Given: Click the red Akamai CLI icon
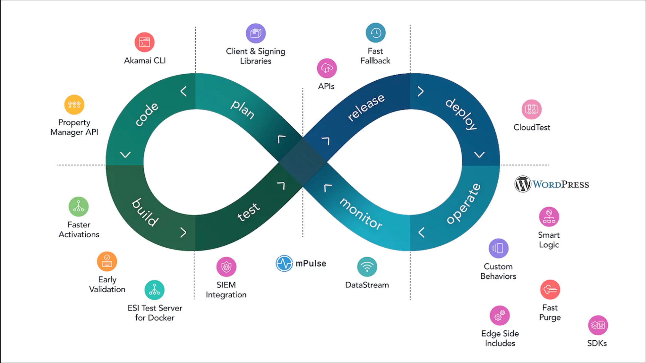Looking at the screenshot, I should click(x=144, y=42).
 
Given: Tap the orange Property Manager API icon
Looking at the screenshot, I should click(x=74, y=105).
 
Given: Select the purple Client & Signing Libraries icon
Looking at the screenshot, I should click(x=255, y=33).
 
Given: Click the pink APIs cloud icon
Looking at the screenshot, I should click(x=327, y=68).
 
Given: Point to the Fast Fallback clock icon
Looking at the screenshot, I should click(x=376, y=33).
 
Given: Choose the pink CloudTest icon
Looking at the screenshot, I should click(x=531, y=109).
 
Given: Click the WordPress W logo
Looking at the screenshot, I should click(x=523, y=184).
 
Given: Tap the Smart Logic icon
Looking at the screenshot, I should click(x=549, y=217).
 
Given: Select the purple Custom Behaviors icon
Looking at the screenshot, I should click(x=498, y=248).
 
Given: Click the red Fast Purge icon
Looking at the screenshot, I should click(x=550, y=290).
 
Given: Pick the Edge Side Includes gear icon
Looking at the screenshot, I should click(x=500, y=316).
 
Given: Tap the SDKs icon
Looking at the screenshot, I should click(x=598, y=325).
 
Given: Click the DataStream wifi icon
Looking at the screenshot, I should click(x=367, y=267).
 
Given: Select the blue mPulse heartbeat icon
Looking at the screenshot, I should click(x=284, y=264).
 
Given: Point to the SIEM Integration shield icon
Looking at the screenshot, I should click(x=226, y=267).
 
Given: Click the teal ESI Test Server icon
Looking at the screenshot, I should click(x=154, y=290).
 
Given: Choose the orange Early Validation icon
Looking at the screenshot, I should click(x=107, y=261).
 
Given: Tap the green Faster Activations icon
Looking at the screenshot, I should click(x=78, y=207).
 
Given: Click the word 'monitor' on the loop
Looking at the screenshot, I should click(x=361, y=214).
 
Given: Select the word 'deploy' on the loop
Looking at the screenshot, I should click(x=461, y=114).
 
